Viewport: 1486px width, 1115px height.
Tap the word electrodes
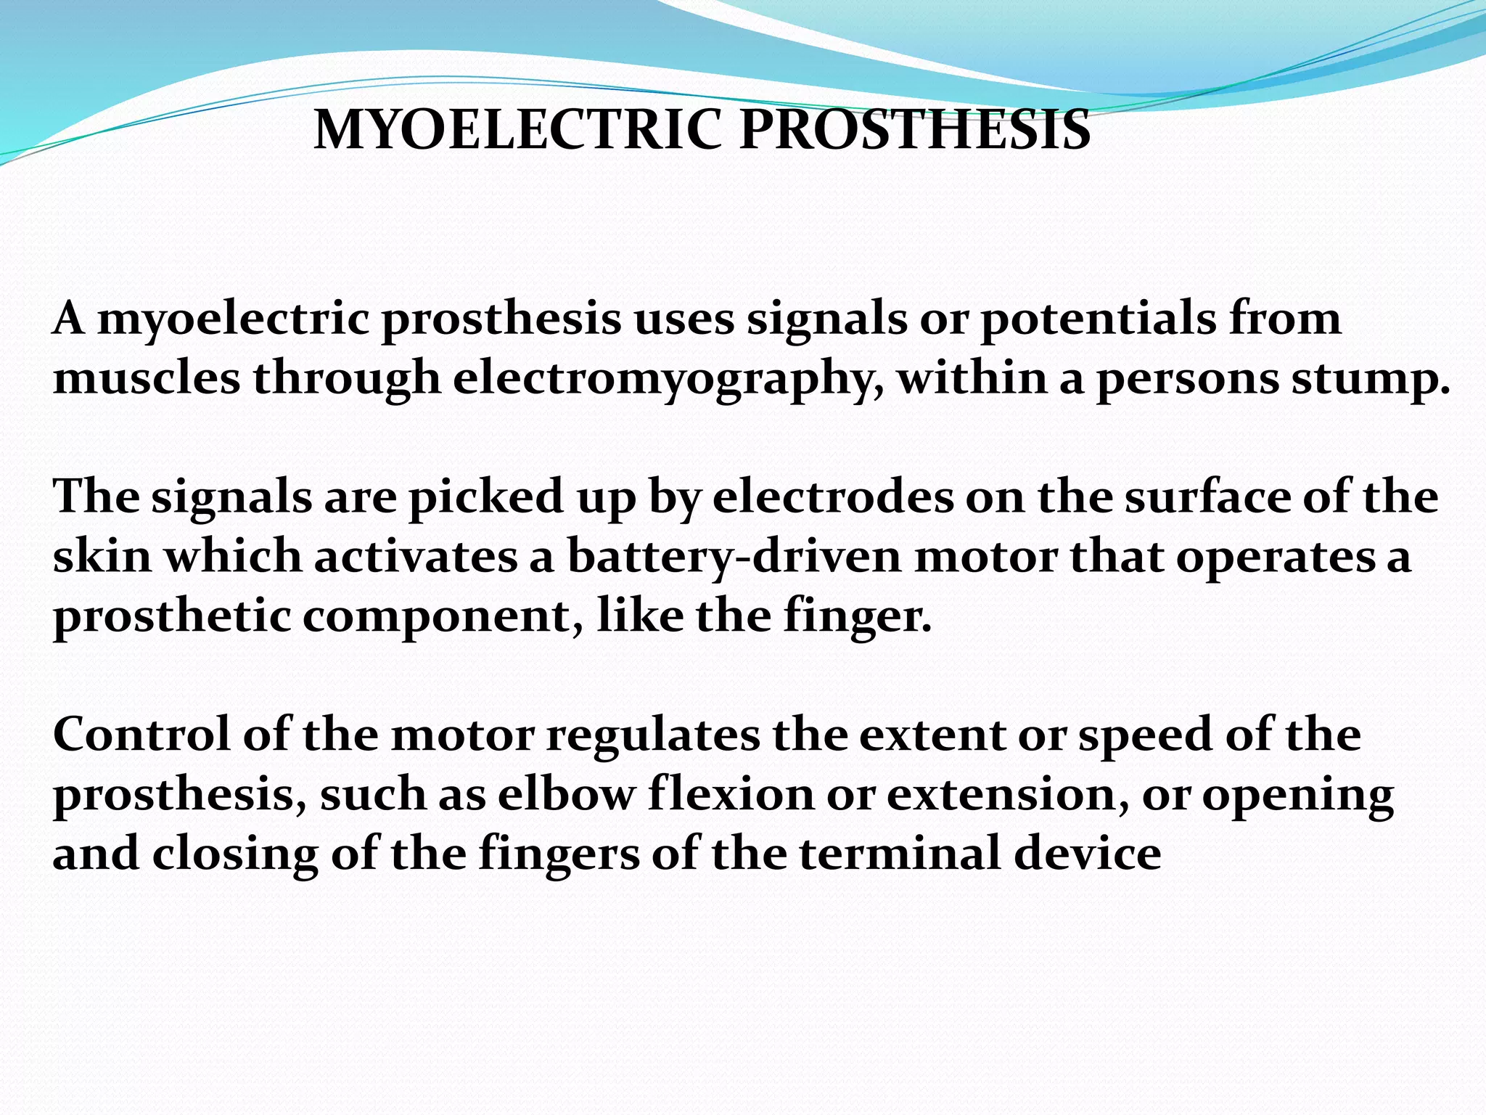coord(833,498)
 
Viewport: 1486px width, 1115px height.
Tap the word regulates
coord(653,735)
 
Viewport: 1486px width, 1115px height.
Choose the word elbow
coord(566,794)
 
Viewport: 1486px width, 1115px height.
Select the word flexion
coord(731,794)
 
